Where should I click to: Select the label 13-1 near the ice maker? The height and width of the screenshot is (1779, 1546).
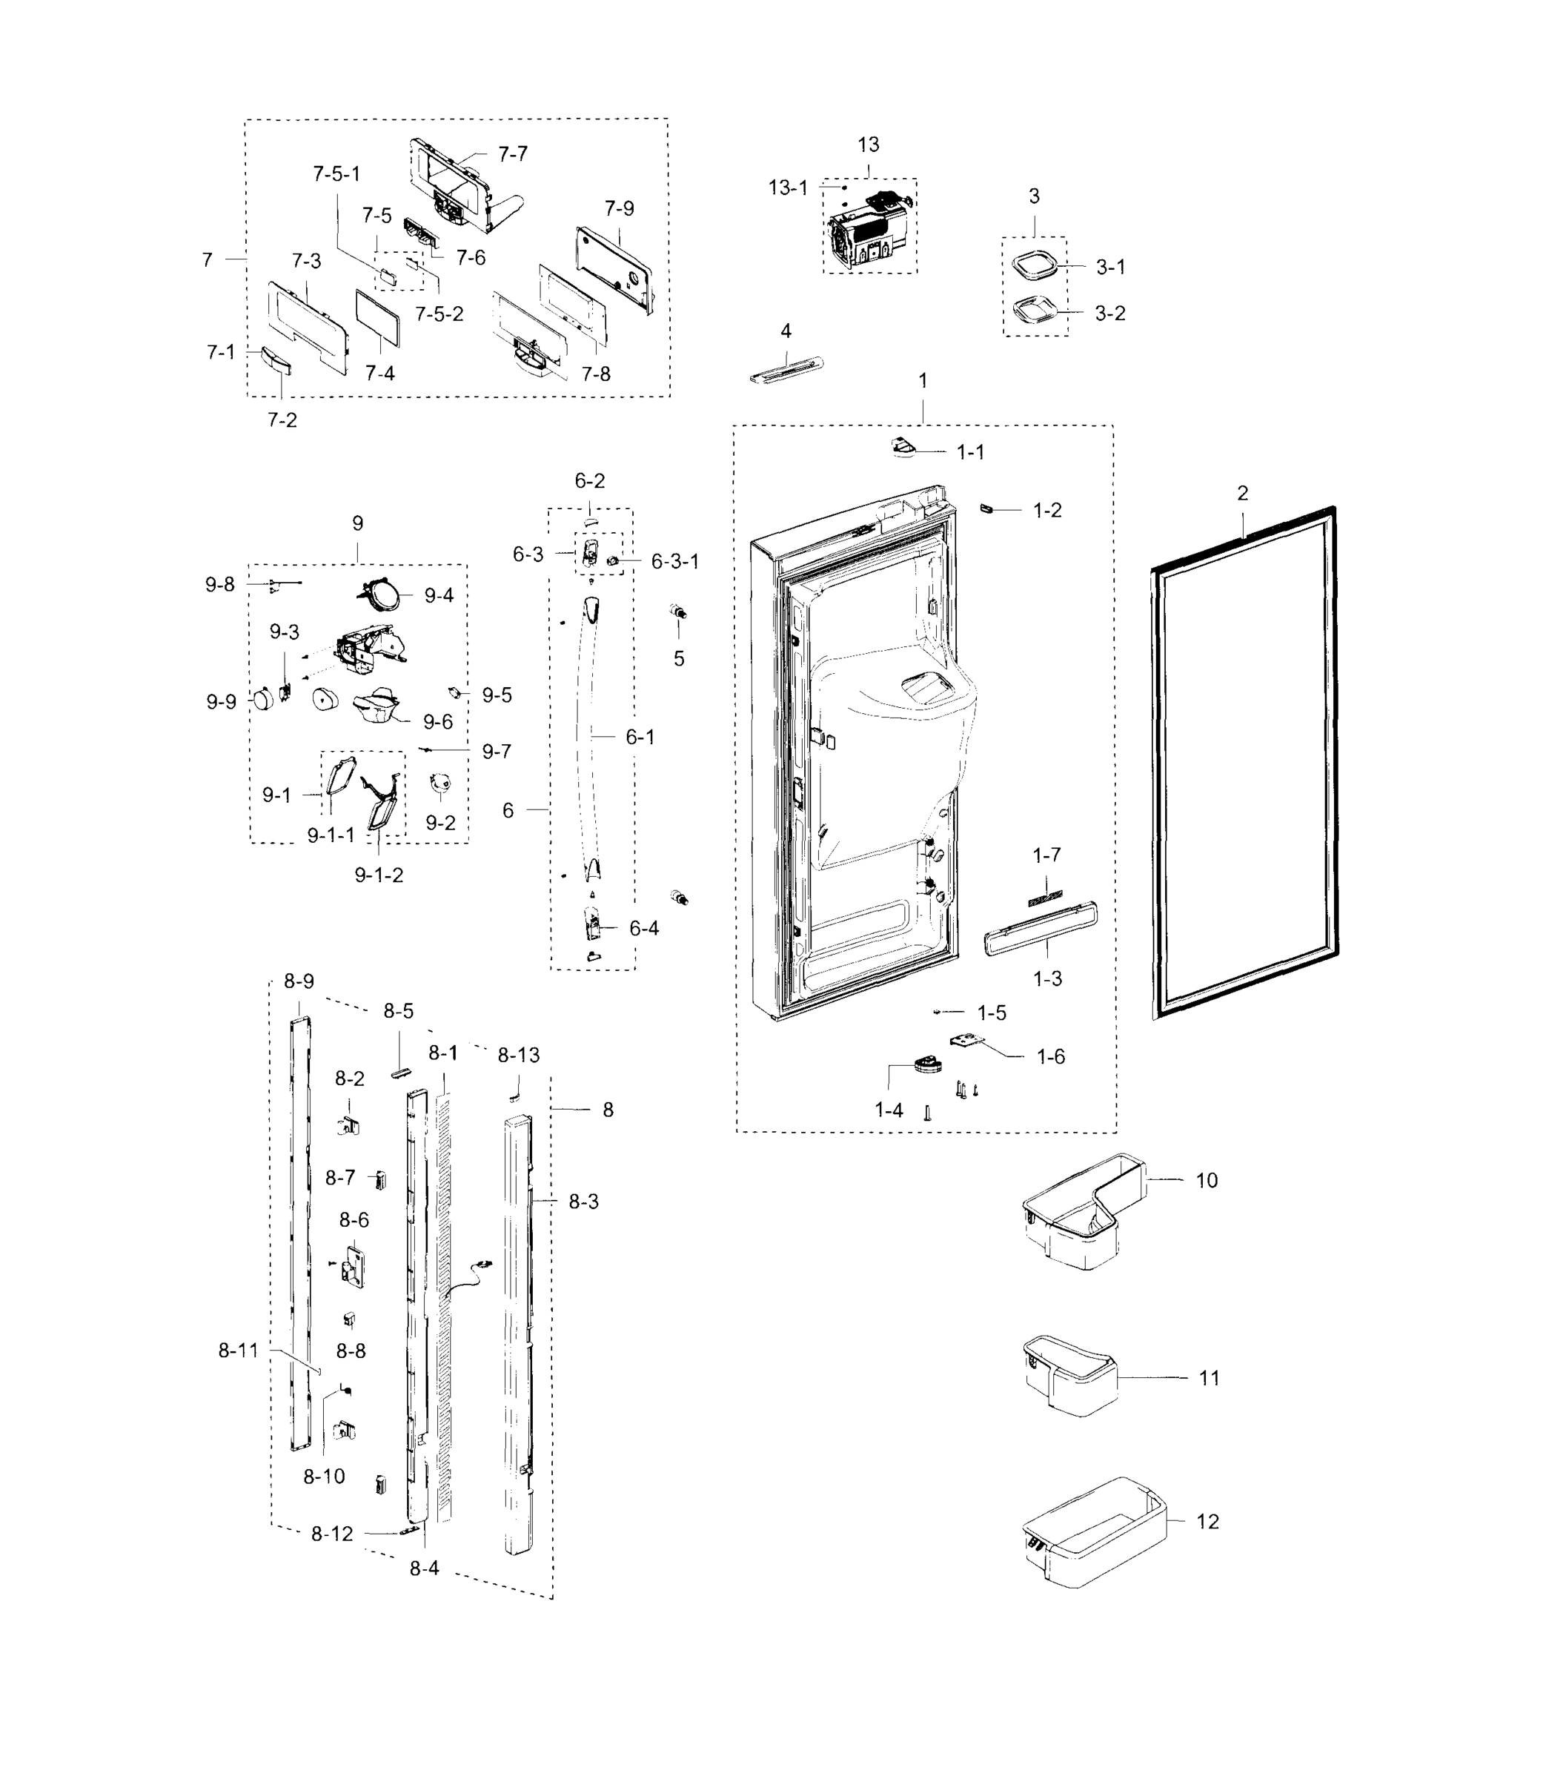point(788,188)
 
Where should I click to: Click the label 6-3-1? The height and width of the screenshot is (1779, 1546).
point(674,562)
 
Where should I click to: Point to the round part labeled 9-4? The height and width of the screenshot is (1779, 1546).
point(380,595)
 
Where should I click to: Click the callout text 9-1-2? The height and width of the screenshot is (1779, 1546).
point(379,875)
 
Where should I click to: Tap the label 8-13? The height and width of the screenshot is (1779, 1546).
point(519,1055)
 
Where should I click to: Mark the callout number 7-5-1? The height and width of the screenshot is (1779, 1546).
point(336,174)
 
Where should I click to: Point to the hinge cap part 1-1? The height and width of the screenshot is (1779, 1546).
point(905,447)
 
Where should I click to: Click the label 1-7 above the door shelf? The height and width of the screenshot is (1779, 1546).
point(1046,855)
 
